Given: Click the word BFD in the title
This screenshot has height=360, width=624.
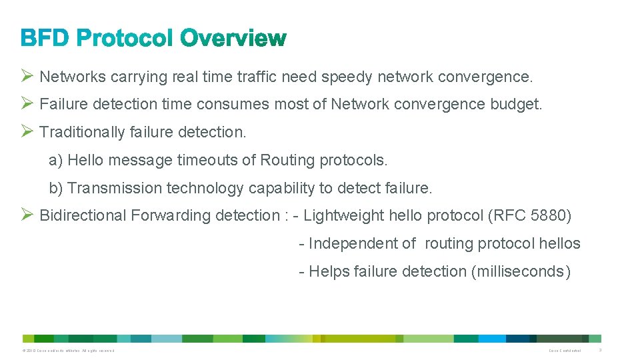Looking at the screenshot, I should pyautogui.click(x=45, y=39).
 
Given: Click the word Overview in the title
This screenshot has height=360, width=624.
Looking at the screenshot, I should pyautogui.click(x=234, y=39).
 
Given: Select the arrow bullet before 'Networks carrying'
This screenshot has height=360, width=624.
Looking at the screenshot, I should pyautogui.click(x=27, y=76).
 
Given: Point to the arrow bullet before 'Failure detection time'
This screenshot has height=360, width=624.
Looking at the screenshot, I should pyautogui.click(x=27, y=103).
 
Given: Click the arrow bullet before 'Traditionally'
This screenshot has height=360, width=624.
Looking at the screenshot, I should pyautogui.click(x=27, y=131).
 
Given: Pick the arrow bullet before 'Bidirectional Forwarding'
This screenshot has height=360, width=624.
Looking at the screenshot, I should pyautogui.click(x=27, y=215).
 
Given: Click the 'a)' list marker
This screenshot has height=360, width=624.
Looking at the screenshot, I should pyautogui.click(x=55, y=161).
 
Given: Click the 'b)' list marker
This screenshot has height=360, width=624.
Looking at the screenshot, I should pyautogui.click(x=55, y=189).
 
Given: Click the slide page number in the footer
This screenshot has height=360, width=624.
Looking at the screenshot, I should pyautogui.click(x=600, y=350).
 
